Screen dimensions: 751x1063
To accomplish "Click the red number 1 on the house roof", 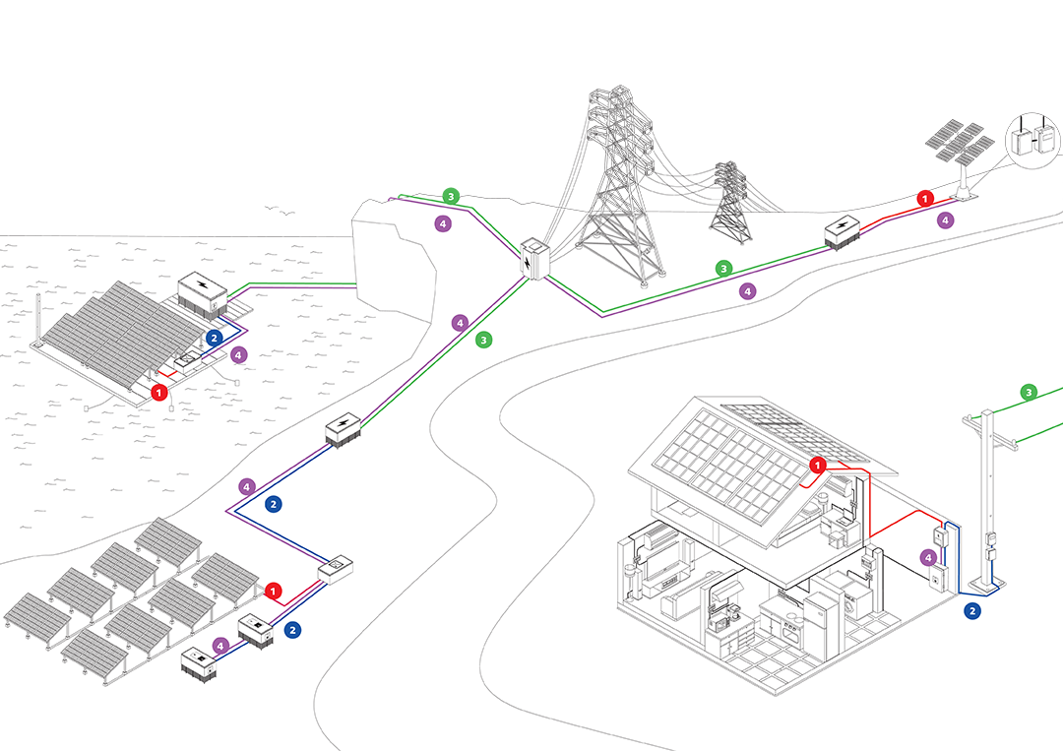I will [817, 465].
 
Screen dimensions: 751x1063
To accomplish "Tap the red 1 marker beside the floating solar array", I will [159, 392].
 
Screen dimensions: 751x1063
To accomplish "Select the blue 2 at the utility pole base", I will [972, 611].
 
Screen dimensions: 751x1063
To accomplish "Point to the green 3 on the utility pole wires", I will [1029, 393].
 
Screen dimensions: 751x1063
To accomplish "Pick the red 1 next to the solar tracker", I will [924, 198].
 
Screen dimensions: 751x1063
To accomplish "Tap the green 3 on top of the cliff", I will [451, 196].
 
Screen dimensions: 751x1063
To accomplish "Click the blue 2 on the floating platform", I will [215, 338].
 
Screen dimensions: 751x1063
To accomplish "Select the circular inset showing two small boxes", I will [1032, 143].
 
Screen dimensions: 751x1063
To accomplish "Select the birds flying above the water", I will [281, 212].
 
